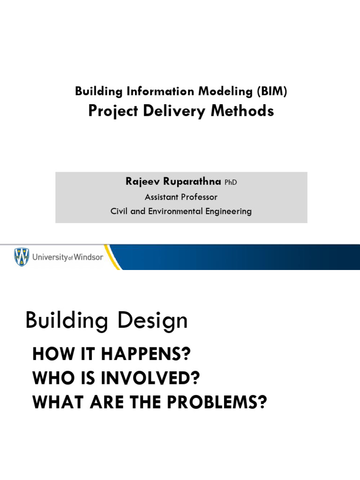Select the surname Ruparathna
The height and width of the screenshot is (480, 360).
[x=191, y=182]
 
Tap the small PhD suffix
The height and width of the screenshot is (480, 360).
[x=230, y=183]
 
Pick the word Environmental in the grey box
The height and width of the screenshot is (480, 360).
[x=177, y=211]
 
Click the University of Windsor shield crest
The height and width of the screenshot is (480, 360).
[x=22, y=257]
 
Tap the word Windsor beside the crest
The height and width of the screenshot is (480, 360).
[x=88, y=257]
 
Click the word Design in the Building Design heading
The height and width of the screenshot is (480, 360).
[x=151, y=321]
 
